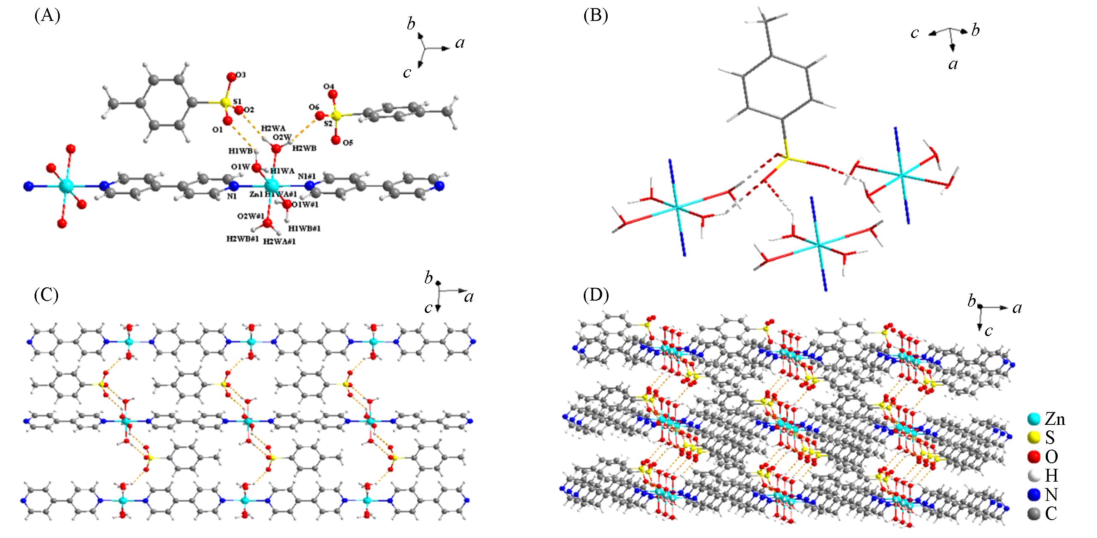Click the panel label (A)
tap(47, 16)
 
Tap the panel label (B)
tap(596, 16)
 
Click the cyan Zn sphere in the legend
tap(1035, 420)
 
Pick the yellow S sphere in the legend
tap(1035, 438)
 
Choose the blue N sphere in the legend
tap(1035, 494)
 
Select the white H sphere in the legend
tap(1035, 476)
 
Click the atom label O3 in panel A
tap(241, 75)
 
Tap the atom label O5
tap(348, 143)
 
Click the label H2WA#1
tap(279, 241)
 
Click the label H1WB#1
tap(304, 228)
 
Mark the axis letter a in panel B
tap(953, 64)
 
